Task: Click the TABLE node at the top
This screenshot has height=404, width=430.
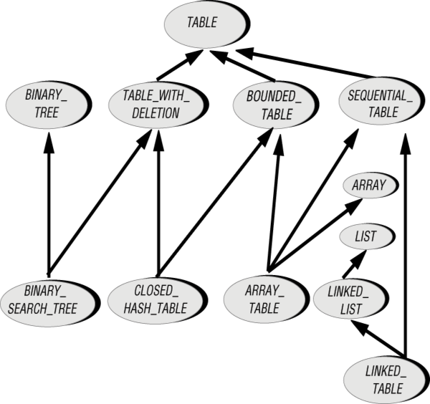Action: pos(207,24)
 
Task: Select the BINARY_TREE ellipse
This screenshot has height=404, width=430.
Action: pos(49,105)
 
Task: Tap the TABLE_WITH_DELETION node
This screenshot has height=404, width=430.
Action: pos(158,105)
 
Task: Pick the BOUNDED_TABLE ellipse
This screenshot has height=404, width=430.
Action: pos(276,105)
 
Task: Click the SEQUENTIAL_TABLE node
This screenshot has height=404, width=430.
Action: pos(382,100)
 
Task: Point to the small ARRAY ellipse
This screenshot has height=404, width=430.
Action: pos(371,186)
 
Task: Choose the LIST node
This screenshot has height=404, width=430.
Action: pos(368,236)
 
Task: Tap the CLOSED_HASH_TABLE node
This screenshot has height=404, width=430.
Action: pos(158,300)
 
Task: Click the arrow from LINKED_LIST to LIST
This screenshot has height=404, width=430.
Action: pos(355,264)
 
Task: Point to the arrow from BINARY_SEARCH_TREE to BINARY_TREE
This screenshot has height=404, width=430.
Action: pos(49,203)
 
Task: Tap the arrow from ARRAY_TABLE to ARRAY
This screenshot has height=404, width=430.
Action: pos(315,235)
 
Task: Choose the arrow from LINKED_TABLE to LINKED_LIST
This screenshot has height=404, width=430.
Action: pos(378,339)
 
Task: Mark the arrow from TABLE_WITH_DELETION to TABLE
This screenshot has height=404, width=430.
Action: pos(180,65)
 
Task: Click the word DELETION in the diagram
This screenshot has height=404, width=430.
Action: pos(156,113)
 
